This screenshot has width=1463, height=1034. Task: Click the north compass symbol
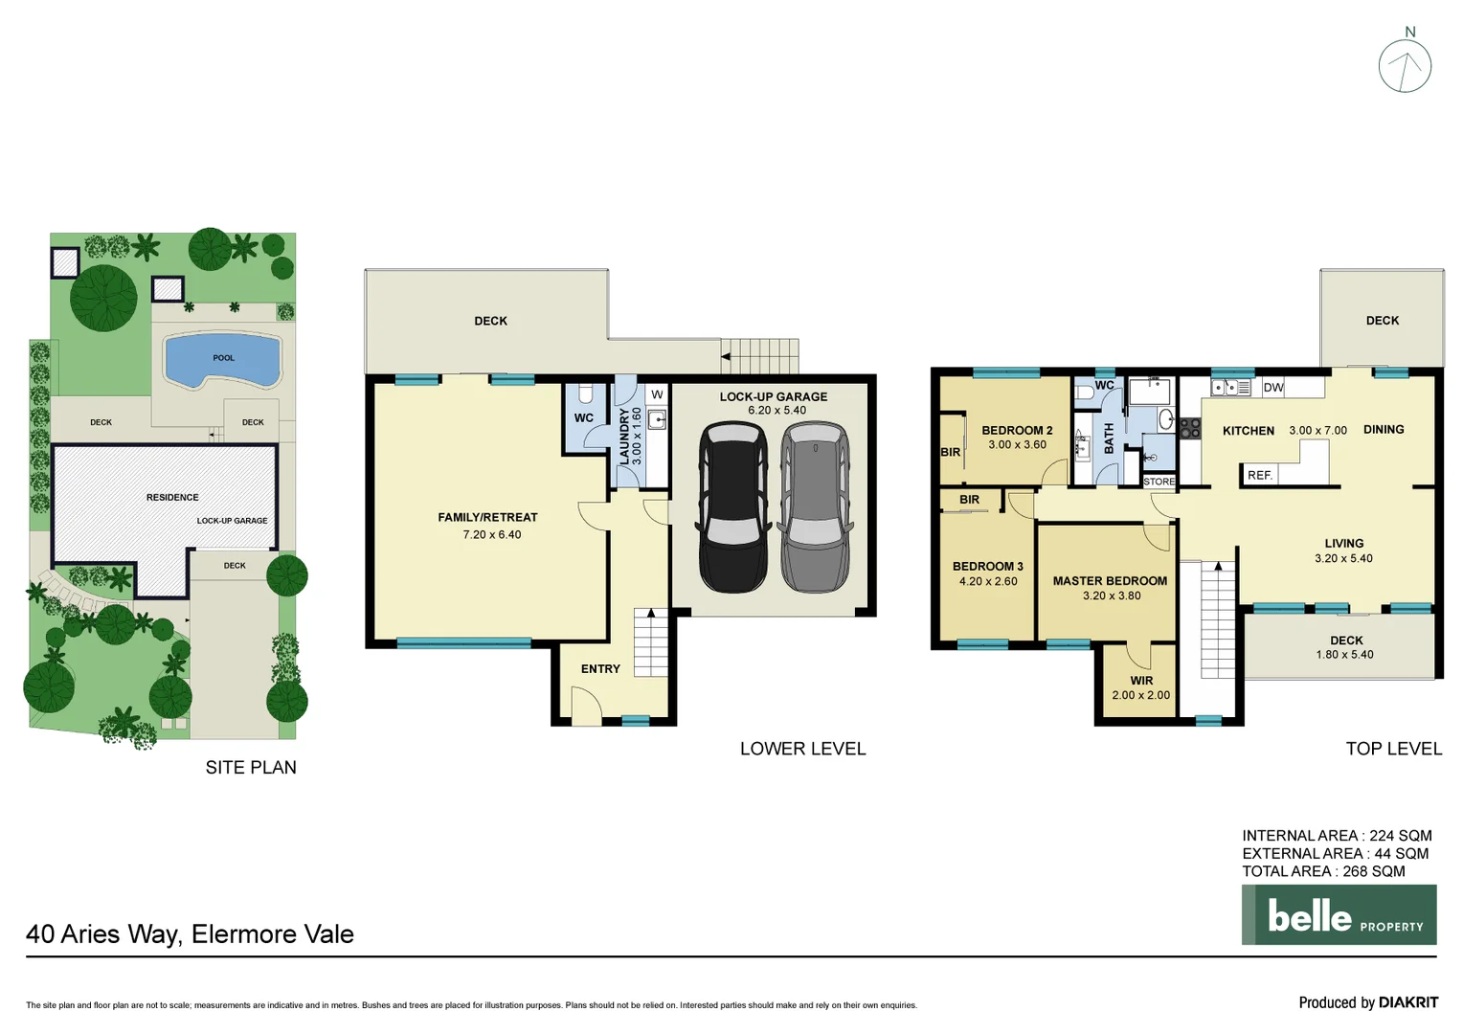tap(1405, 66)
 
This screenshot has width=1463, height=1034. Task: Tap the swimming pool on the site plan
tap(223, 360)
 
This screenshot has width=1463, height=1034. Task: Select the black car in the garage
tap(732, 507)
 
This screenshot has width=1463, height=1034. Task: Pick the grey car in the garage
tap(815, 507)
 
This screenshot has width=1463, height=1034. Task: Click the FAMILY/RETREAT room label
tap(487, 517)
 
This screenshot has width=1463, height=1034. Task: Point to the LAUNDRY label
tap(625, 437)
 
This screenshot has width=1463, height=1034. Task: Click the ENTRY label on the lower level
tap(600, 669)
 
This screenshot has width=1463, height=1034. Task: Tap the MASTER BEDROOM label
tap(1110, 581)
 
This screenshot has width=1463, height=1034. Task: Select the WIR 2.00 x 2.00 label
tap(1141, 688)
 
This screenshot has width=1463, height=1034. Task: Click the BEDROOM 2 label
tap(1017, 431)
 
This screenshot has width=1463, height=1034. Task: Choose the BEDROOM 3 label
tap(988, 567)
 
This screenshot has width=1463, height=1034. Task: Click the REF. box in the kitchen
tap(1260, 475)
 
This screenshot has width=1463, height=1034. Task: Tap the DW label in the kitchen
tap(1272, 388)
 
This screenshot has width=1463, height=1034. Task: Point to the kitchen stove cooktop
tap(1189, 428)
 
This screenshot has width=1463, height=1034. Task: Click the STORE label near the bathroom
tap(1159, 482)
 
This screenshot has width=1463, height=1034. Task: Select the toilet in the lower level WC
tap(586, 393)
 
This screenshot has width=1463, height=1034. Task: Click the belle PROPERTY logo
tap(1339, 915)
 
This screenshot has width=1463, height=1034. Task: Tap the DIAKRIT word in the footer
tap(1408, 1002)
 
